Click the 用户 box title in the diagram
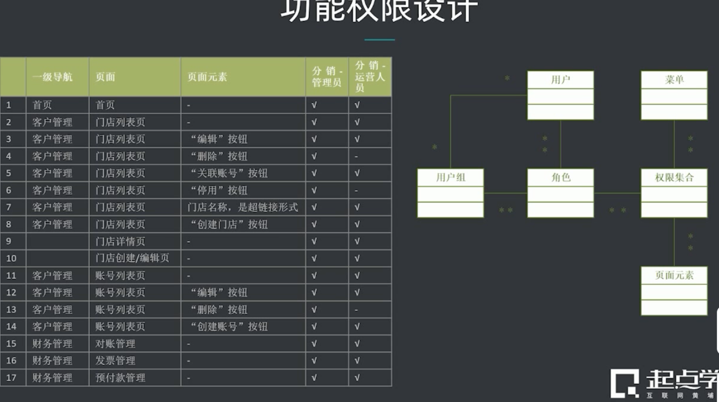pos(560,80)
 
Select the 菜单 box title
pos(674,80)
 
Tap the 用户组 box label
pos(450,177)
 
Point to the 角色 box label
pos(560,177)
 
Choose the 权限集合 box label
pos(674,177)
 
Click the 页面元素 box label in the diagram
pos(674,275)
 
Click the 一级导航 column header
pos(52,77)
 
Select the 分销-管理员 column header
pos(327,77)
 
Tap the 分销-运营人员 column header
pos(370,77)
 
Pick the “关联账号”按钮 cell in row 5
pos(229,173)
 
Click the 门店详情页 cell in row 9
pos(120,241)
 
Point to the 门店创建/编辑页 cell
pos(133,258)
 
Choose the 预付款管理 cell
pos(120,378)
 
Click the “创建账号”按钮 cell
pos(229,327)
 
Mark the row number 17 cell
pos(12,378)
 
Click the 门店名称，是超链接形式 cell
pos(243,207)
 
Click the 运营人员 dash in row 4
pos(357,157)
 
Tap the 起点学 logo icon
pos(624,383)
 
